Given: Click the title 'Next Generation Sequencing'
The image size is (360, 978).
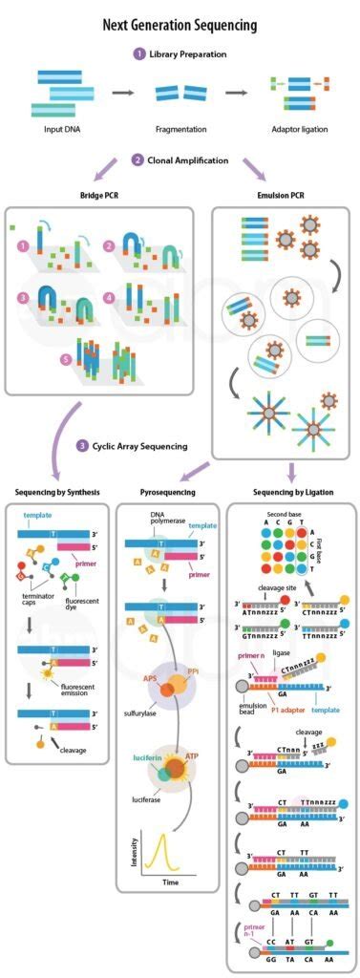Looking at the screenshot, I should click(180, 25).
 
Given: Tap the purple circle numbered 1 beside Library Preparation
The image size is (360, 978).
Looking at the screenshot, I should click(139, 54).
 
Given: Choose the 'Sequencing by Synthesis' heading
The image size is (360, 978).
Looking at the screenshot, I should click(59, 493).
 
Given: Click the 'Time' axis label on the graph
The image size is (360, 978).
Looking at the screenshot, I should click(170, 882).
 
